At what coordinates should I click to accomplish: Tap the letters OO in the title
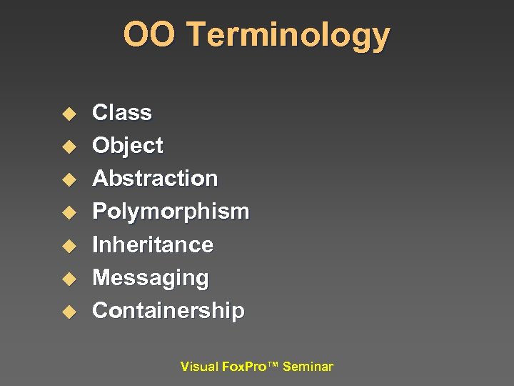click(x=144, y=34)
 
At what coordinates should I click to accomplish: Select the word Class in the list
click(x=122, y=113)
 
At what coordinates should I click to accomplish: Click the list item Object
click(x=128, y=146)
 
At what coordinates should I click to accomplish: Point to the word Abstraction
click(x=155, y=178)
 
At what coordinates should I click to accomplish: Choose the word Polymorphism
click(x=171, y=212)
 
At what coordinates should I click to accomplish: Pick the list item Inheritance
click(x=153, y=244)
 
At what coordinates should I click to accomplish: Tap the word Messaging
click(x=151, y=278)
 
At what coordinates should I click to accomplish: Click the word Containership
click(x=168, y=311)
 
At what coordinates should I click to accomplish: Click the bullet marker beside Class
click(x=68, y=114)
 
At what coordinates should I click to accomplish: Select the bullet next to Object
click(x=68, y=147)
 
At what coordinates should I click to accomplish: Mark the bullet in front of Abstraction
click(x=68, y=179)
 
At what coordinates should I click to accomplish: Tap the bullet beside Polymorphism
click(x=68, y=212)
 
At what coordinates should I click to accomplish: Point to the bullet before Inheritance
click(x=68, y=246)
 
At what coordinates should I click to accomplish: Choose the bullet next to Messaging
click(x=68, y=279)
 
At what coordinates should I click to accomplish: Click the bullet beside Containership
click(x=68, y=312)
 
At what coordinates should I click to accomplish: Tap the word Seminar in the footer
click(x=308, y=367)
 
